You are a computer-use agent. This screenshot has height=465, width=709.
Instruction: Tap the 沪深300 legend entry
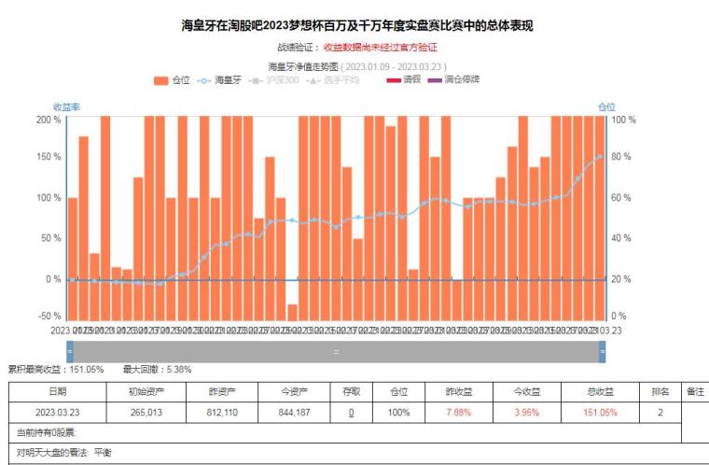click(x=276, y=80)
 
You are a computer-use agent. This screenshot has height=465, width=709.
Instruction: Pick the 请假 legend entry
click(x=404, y=80)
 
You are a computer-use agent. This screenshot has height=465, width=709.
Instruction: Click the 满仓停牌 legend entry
click(x=454, y=80)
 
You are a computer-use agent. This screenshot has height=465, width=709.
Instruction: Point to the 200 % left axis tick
click(x=49, y=120)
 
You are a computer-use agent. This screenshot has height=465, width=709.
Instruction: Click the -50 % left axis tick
click(x=49, y=317)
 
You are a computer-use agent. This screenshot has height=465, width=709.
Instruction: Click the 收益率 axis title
click(x=66, y=106)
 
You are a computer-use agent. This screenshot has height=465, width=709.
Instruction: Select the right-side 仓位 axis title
click(x=606, y=106)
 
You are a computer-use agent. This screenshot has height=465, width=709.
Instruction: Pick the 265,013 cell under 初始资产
click(x=146, y=412)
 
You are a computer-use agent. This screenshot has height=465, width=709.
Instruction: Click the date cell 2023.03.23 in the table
click(x=58, y=412)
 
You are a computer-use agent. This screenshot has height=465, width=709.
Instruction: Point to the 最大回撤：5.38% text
click(x=154, y=369)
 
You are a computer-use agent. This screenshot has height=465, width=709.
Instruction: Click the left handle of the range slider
click(x=70, y=351)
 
